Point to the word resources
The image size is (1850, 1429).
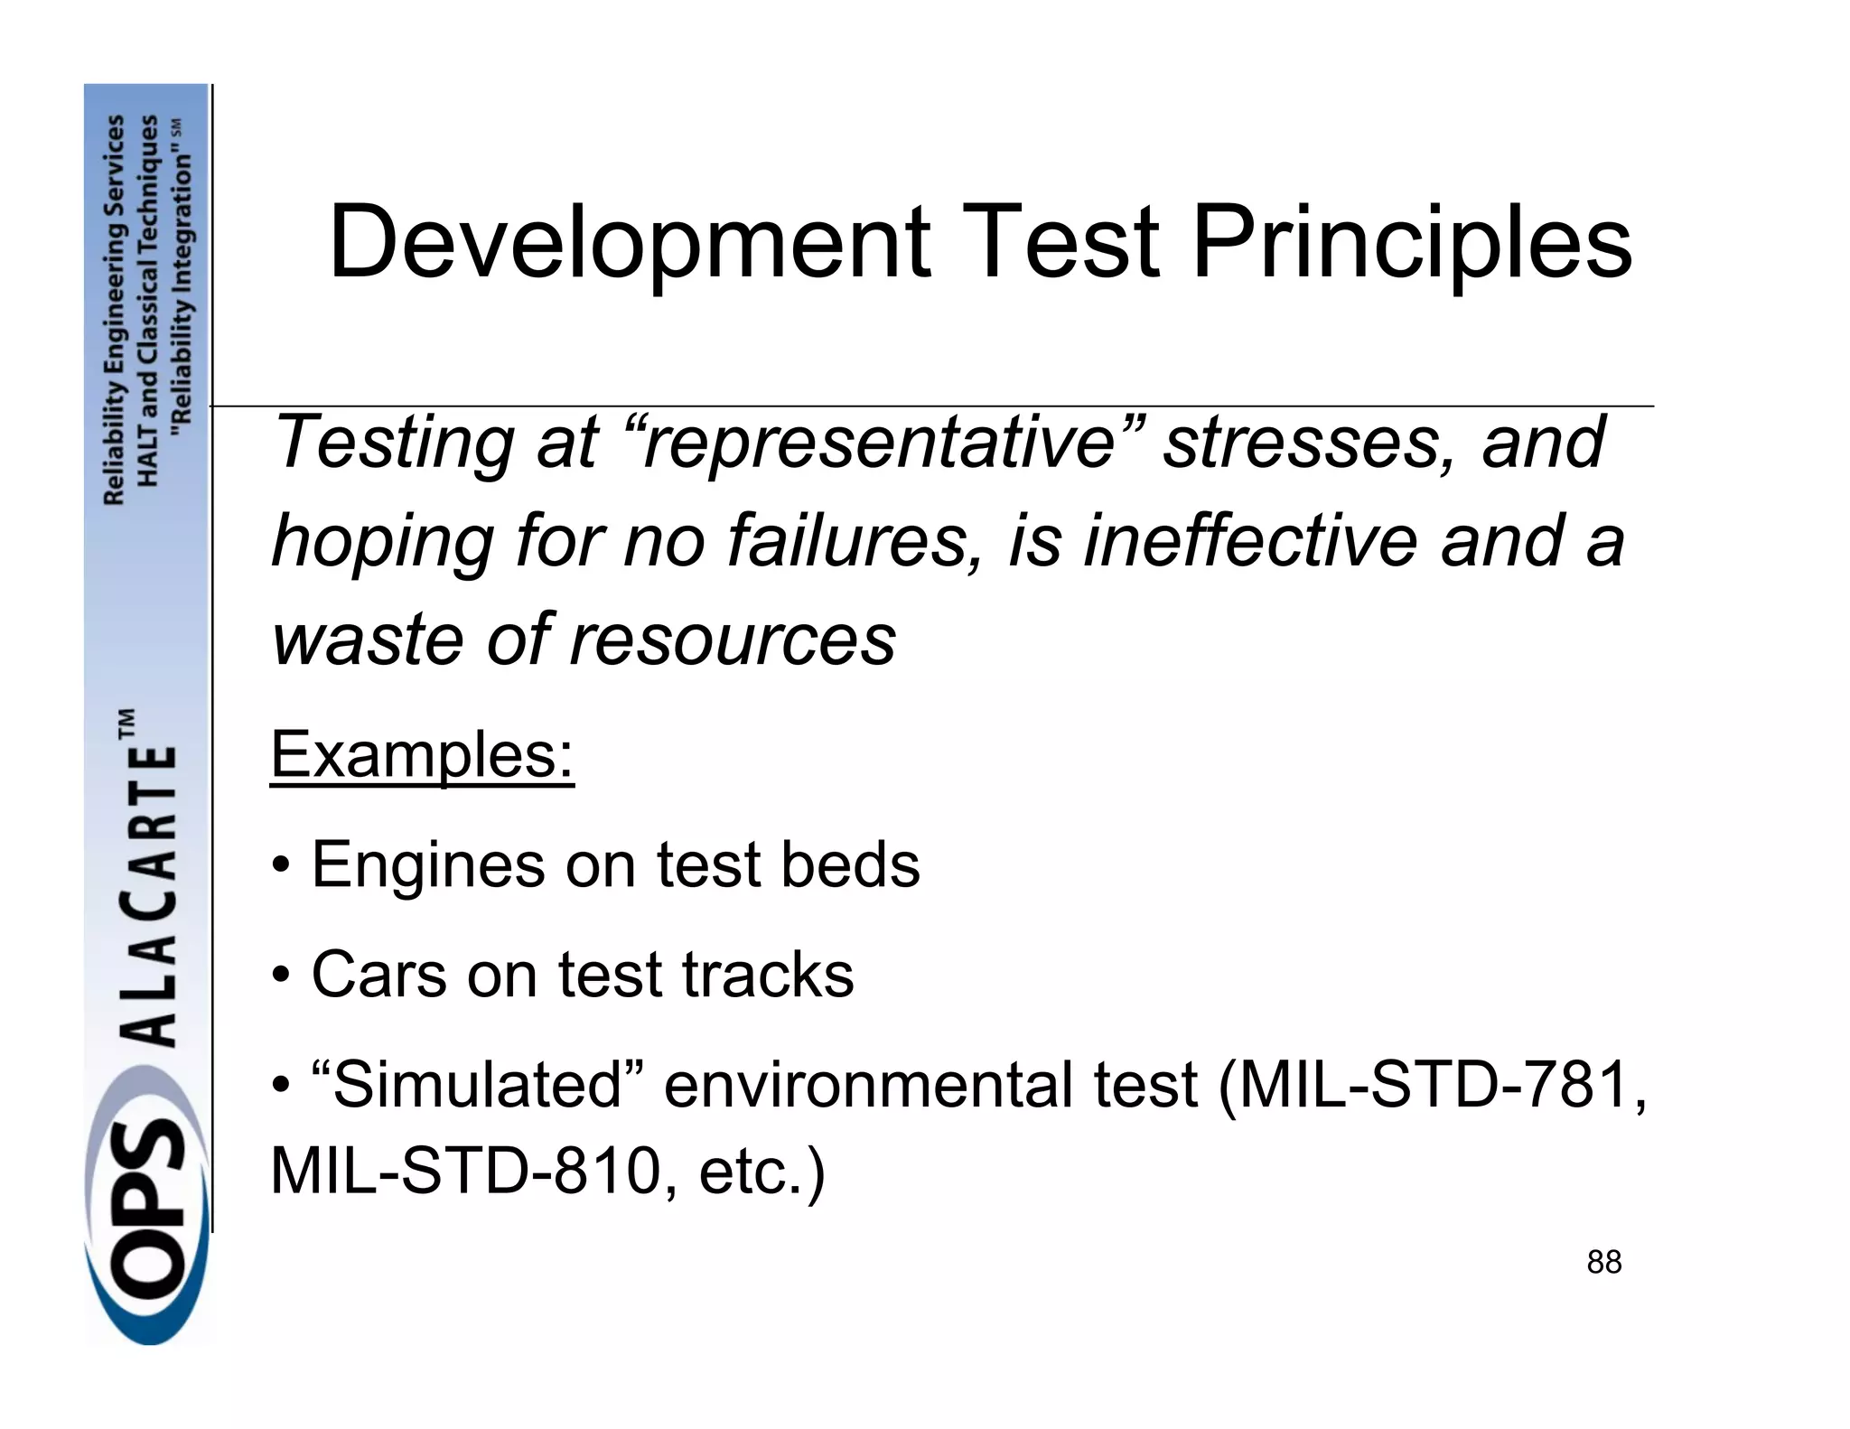pos(733,640)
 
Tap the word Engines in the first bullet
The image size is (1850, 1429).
pos(428,865)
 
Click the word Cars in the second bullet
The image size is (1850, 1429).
pos(378,975)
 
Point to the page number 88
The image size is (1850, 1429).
pos(1604,1262)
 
